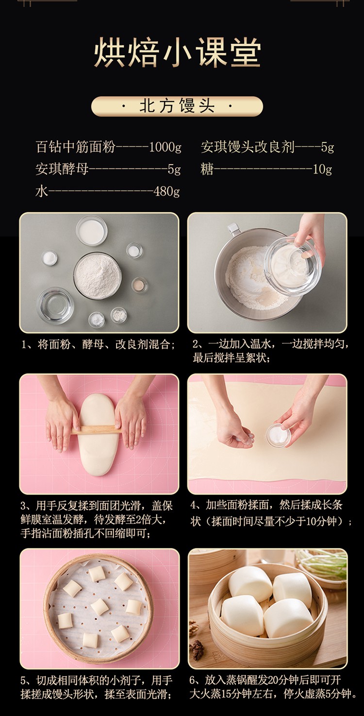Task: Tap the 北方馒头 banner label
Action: tap(177, 106)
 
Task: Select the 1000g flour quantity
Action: tap(165, 147)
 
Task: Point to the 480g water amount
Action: tap(166, 191)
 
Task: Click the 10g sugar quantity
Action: tap(322, 169)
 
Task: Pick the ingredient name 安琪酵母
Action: tap(62, 169)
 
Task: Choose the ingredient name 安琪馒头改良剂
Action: tap(248, 147)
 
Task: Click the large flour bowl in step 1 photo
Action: tap(98, 275)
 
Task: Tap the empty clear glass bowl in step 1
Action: tap(55, 306)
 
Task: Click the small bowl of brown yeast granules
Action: tap(140, 285)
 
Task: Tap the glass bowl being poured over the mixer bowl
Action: tap(293, 266)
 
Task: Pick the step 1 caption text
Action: tap(99, 344)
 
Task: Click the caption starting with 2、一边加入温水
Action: tap(270, 351)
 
